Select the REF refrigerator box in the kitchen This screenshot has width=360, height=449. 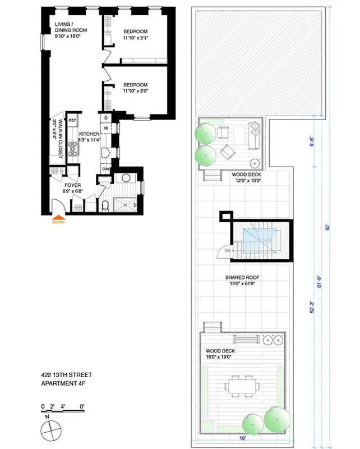(x=72, y=120)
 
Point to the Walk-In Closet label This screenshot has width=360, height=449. (x=55, y=134)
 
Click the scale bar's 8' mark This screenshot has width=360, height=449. (x=82, y=406)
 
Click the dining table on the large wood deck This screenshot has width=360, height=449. (x=242, y=386)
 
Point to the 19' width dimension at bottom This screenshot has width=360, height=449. (x=242, y=441)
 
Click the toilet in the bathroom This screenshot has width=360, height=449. (x=106, y=205)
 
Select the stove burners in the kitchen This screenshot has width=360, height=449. (x=72, y=148)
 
